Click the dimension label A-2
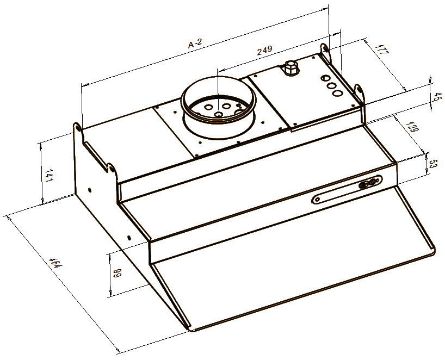[x=195, y=45]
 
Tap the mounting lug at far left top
[x=78, y=128]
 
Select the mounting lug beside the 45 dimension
[x=359, y=89]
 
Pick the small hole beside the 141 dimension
[x=89, y=190]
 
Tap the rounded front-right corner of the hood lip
[x=432, y=250]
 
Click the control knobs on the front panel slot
[x=368, y=183]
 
